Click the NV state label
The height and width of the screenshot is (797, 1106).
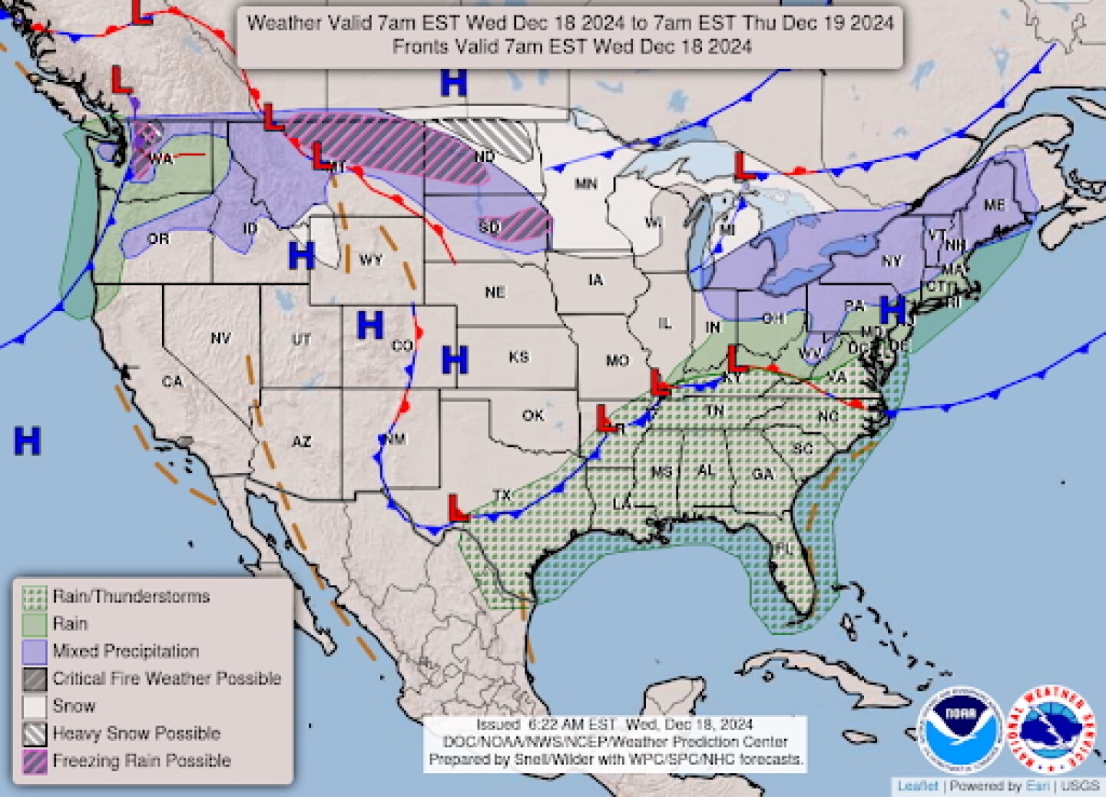click(220, 338)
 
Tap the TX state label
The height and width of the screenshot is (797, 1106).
click(502, 496)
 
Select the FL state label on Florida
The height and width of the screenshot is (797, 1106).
click(784, 548)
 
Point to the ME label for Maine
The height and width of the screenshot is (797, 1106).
click(994, 205)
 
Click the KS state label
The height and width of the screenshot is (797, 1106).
click(518, 357)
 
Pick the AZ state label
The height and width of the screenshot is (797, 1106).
click(301, 441)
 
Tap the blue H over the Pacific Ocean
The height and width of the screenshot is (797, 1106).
click(27, 441)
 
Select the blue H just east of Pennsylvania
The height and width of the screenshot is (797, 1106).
click(892, 309)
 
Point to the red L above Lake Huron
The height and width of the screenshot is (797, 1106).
click(742, 166)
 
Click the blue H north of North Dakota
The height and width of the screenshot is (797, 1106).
click(453, 82)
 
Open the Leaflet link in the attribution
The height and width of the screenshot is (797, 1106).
click(918, 786)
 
